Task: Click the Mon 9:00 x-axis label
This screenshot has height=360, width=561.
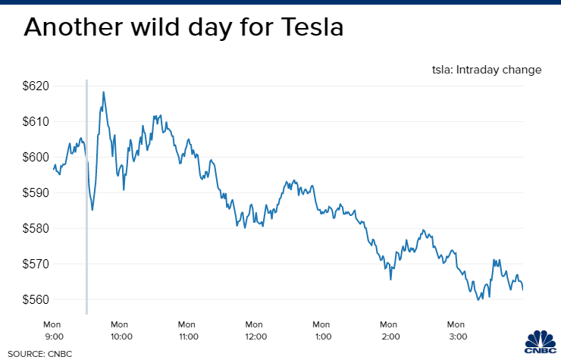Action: coord(53,330)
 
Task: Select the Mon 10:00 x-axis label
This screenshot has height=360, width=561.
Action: coord(121,330)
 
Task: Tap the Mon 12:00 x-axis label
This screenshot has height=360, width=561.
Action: coord(255,330)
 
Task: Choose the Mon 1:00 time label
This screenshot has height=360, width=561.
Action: coord(322,330)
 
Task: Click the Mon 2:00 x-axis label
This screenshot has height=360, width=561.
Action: coord(390,330)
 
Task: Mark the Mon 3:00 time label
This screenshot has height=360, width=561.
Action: coord(457,330)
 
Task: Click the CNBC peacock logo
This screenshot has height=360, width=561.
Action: coord(539,343)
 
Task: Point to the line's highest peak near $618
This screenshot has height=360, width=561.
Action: coord(103,92)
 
